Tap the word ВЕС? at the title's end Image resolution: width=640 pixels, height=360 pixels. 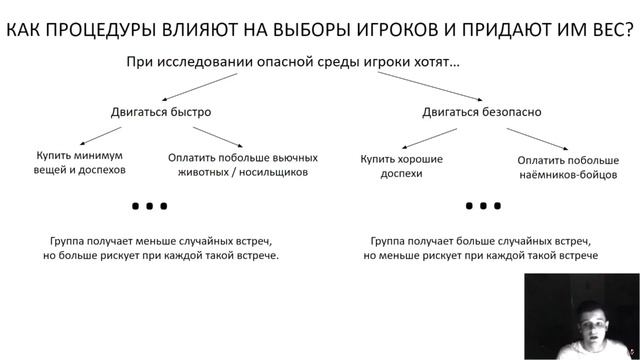(607, 30)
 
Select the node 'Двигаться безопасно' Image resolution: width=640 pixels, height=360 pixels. (481, 112)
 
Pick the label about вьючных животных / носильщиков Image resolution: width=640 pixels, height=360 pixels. (243, 165)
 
